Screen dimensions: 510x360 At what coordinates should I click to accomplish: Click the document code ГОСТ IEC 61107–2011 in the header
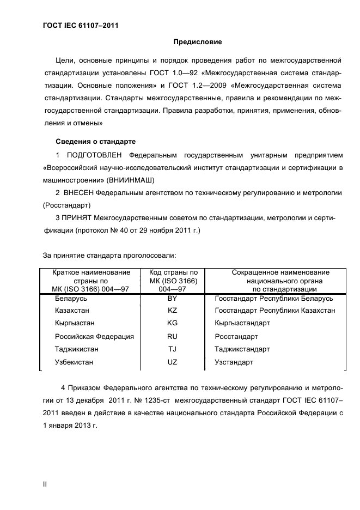click(x=81, y=25)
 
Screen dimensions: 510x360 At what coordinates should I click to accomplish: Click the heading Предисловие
click(x=197, y=42)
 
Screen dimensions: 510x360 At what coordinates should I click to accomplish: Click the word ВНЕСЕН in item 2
click(x=78, y=193)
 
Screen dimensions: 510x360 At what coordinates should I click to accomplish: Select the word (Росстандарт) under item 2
click(x=66, y=205)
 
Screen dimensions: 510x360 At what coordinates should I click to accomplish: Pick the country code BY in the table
click(x=173, y=299)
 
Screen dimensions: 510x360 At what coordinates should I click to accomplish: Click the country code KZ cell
click(x=173, y=311)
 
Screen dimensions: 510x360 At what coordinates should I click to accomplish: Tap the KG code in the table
click(x=173, y=323)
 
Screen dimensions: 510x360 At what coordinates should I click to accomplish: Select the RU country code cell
click(x=173, y=337)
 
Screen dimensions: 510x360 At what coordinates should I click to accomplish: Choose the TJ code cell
click(x=173, y=349)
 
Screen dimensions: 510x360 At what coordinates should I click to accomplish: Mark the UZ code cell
click(x=173, y=362)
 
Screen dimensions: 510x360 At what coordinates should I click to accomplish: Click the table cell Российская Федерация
click(x=94, y=337)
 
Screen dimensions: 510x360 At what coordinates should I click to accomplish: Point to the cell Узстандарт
click(x=234, y=362)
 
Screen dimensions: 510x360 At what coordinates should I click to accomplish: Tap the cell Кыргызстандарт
click(x=242, y=323)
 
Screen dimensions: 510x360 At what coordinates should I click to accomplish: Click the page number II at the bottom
click(x=46, y=484)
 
